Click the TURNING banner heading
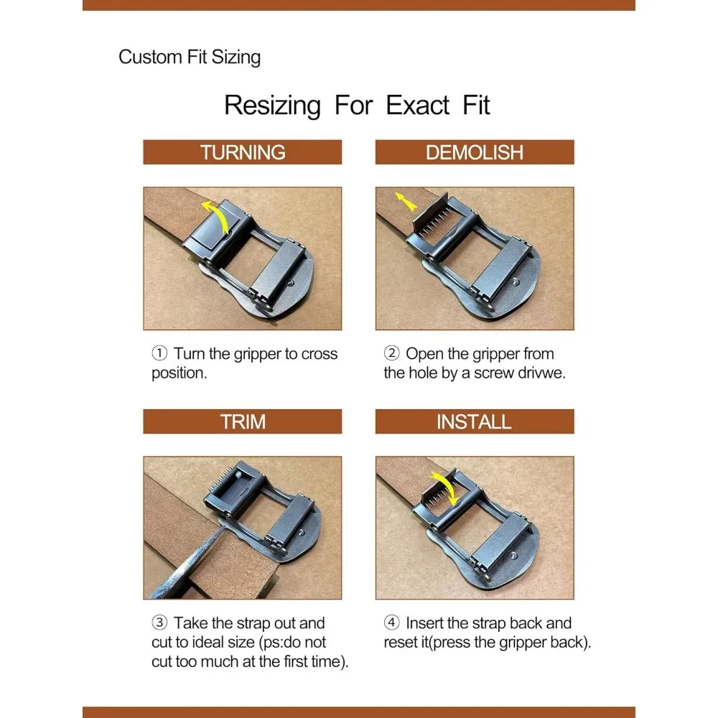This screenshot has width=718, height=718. (243, 152)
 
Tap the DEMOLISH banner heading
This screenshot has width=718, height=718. (475, 152)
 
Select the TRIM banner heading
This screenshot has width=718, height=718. (243, 421)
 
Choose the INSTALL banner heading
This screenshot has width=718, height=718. (474, 421)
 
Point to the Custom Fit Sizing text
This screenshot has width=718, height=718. (190, 57)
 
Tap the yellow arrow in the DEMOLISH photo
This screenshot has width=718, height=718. (405, 202)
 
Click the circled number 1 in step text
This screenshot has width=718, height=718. (159, 354)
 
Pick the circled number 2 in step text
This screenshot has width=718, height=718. (391, 354)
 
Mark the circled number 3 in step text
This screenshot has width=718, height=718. (159, 623)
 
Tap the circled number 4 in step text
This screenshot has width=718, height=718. (391, 623)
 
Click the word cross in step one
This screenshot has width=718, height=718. (319, 354)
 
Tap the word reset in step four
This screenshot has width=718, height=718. (402, 642)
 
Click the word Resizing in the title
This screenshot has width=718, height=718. (272, 105)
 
